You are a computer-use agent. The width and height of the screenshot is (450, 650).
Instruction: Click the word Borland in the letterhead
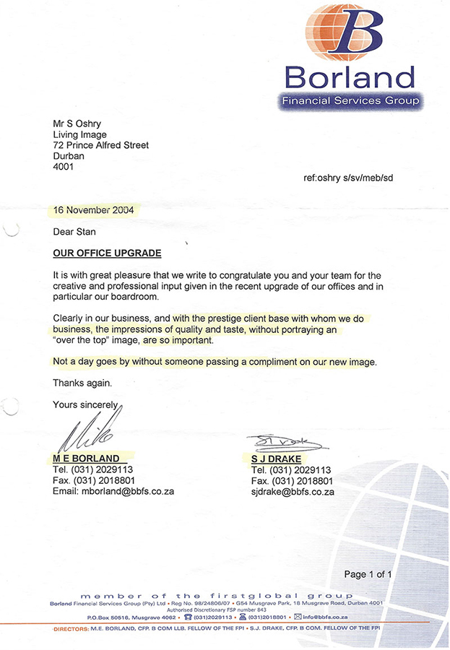tap(350, 77)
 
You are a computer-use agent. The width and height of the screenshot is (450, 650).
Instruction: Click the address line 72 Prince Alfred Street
tap(100, 145)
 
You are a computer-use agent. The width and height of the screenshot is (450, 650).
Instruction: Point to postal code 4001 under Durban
tap(64, 167)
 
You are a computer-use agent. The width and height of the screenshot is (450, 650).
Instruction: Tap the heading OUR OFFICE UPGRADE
tap(107, 253)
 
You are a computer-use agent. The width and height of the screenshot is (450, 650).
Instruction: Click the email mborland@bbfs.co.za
tap(113, 491)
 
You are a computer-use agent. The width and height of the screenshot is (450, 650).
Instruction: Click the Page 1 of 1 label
tap(368, 575)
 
